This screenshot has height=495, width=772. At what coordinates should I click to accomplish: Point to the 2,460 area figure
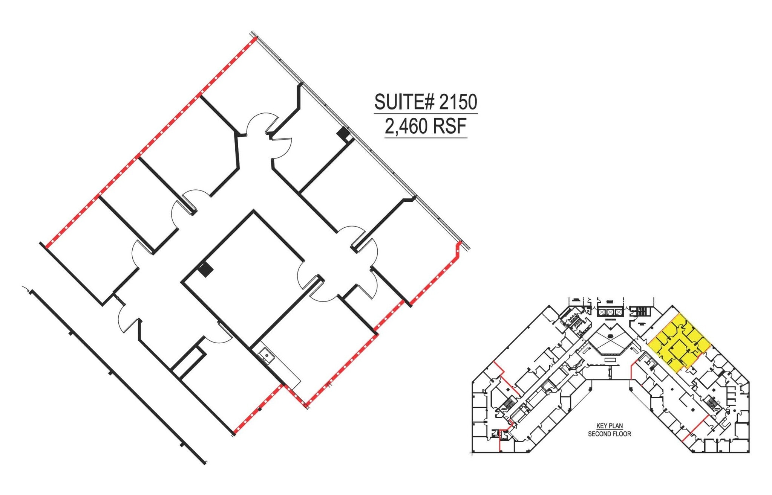[406, 126]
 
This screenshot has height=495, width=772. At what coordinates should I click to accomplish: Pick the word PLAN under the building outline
[616, 426]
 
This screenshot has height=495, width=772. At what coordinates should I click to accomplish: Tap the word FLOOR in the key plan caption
[621, 434]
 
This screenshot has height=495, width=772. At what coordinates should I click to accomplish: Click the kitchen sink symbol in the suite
[267, 355]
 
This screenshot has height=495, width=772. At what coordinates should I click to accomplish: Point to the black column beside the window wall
[343, 133]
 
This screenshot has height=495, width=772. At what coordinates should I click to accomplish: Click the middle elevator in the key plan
[610, 312]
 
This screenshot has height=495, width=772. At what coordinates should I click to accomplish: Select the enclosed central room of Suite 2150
[243, 271]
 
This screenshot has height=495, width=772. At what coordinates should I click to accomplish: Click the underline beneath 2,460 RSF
[426, 138]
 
